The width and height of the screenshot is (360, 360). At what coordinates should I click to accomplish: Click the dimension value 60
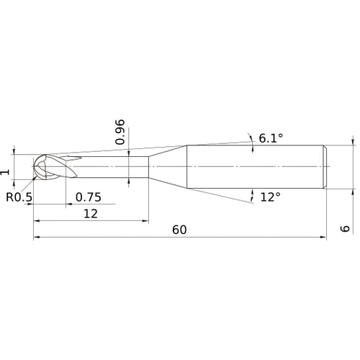click(179, 229)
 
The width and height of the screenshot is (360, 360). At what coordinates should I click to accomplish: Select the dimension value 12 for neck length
click(90, 214)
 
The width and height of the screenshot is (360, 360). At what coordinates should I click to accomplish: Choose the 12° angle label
click(270, 197)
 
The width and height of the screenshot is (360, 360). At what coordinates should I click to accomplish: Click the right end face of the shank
click(328, 168)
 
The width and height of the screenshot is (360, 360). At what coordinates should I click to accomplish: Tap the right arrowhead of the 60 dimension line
click(324, 238)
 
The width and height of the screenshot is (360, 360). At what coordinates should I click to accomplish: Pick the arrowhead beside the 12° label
click(253, 193)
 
